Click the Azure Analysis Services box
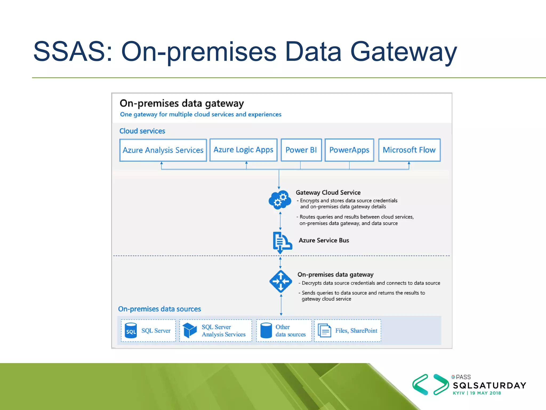(163, 150)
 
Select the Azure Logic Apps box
(243, 150)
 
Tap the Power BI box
(301, 150)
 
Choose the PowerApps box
(349, 150)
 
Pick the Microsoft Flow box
(409, 150)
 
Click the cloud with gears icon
(280, 200)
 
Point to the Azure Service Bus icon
(282, 242)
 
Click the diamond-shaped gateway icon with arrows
(280, 281)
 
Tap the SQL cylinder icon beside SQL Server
(131, 331)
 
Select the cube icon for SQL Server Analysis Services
(190, 330)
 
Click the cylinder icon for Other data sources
(266, 330)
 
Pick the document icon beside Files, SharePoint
(324, 330)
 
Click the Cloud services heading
(142, 131)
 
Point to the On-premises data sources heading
(159, 309)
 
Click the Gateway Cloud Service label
(328, 192)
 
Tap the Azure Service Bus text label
(324, 240)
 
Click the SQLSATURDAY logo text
(489, 385)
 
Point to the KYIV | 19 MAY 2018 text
(477, 393)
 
